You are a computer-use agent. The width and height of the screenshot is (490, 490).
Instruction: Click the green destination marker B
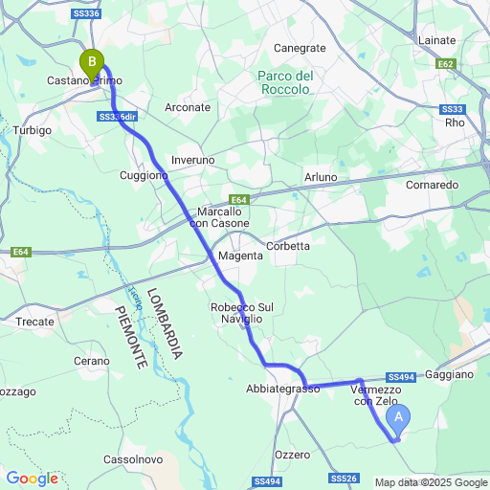[92, 64]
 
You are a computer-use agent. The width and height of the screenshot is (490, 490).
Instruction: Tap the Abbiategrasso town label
[282, 390]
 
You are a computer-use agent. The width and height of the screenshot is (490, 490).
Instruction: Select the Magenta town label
[240, 256]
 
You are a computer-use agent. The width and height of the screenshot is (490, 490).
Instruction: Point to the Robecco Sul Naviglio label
[242, 312]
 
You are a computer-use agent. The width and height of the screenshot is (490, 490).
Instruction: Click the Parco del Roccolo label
[285, 82]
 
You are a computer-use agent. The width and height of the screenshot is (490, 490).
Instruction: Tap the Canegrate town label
[300, 47]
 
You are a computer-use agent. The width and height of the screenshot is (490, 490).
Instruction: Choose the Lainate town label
[437, 40]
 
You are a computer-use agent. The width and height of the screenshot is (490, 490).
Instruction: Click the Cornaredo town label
[434, 184]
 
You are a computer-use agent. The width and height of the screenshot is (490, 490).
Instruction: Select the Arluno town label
[321, 177]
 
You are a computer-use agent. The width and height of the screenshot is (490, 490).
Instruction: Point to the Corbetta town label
[288, 246]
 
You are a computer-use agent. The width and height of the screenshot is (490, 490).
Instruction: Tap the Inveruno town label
[192, 159]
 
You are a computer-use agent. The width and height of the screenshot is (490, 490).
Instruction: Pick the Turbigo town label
[33, 129]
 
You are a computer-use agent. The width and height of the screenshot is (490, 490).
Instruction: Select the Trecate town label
[34, 322]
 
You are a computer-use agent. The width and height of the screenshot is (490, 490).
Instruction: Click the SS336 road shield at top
[85, 14]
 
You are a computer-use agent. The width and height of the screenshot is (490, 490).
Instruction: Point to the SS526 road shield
[344, 478]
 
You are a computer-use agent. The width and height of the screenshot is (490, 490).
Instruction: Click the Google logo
[32, 478]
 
